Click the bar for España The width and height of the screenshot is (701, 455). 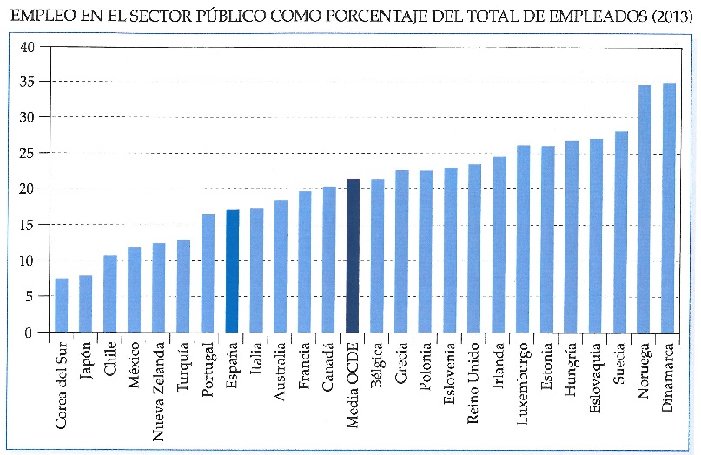point(232,271)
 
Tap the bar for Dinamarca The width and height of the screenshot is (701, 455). point(669,208)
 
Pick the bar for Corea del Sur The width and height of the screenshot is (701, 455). point(62,305)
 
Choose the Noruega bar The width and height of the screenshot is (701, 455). point(645,208)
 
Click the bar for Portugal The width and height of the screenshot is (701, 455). point(208,273)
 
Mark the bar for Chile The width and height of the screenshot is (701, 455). point(110,293)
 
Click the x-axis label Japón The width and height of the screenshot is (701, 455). point(86,363)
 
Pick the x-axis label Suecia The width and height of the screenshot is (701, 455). point(620,366)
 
